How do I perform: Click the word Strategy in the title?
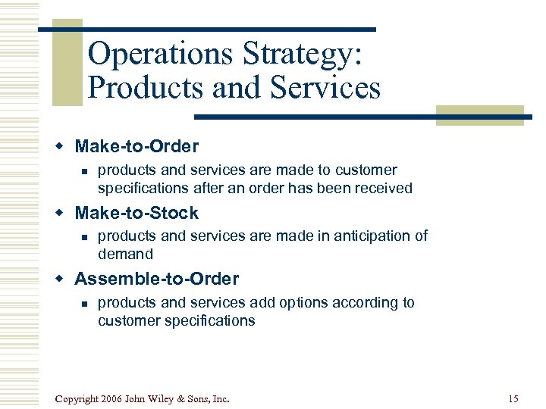(302, 55)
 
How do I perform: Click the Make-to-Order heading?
(136, 146)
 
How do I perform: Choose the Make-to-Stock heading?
(136, 213)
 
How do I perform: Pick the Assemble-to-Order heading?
(156, 279)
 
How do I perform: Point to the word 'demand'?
(125, 254)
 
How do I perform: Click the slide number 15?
(513, 398)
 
